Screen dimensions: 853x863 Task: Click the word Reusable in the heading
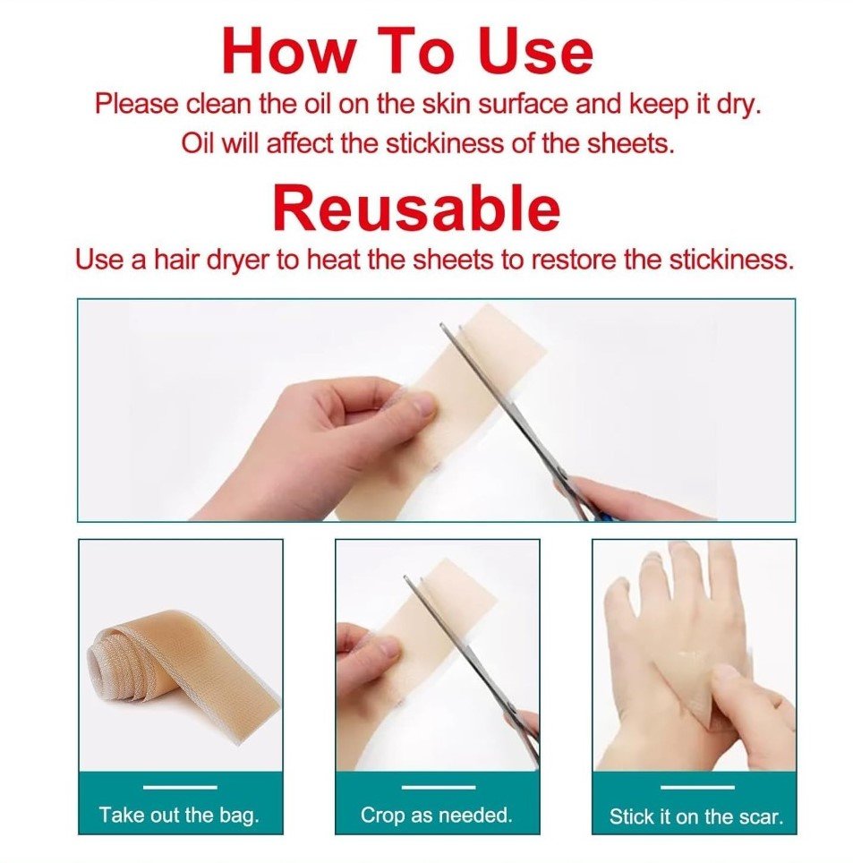point(416,209)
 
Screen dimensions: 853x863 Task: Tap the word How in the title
point(289,50)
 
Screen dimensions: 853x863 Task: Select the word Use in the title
point(535,50)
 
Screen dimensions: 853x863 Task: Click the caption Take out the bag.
point(179,815)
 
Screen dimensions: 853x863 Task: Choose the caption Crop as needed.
point(437,816)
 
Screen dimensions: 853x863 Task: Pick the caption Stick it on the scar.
point(696,816)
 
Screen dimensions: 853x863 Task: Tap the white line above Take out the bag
point(180,787)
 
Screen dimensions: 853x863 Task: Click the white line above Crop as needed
point(438,787)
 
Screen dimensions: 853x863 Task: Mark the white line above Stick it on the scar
point(696,787)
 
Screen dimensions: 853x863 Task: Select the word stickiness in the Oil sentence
point(444,144)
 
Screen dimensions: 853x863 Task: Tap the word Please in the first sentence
point(136,104)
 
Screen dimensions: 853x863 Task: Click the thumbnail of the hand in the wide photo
point(423,406)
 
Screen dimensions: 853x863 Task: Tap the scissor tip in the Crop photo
point(405,578)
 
